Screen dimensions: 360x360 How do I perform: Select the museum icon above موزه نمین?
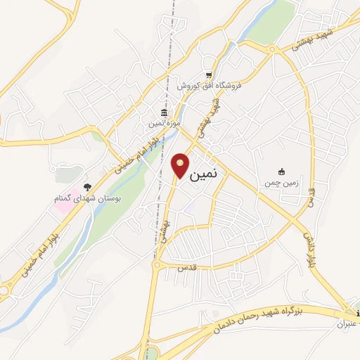click(x=164, y=112)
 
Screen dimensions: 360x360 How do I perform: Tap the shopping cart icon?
click(x=208, y=75)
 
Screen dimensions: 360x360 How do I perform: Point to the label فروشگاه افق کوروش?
click(x=208, y=85)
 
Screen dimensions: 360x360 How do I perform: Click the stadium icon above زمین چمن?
click(x=282, y=172)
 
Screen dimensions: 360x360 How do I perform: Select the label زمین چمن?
click(x=282, y=182)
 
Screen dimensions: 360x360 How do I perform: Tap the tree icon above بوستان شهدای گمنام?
click(x=88, y=187)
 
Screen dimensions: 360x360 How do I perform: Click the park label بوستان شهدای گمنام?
click(x=88, y=199)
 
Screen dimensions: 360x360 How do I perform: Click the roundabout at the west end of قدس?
click(x=159, y=264)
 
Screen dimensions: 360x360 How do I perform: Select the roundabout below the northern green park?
click(x=271, y=48)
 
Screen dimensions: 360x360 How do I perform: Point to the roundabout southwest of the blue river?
click(x=5, y=288)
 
